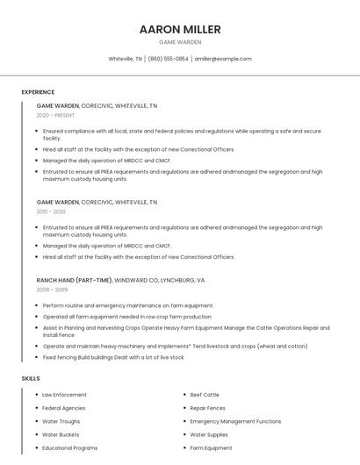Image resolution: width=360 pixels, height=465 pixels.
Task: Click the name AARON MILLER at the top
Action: [x=180, y=29]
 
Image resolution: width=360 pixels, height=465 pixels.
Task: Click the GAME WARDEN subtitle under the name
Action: [x=180, y=42]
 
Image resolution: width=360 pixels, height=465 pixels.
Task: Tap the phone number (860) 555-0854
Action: [x=168, y=59]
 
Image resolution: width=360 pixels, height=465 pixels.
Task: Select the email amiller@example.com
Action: [x=223, y=59]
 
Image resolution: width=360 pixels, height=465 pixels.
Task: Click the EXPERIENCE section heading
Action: [x=38, y=92]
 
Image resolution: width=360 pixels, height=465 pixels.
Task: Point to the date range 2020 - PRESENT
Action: [x=55, y=115]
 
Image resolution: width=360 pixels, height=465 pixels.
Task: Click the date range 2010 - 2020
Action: [x=51, y=211]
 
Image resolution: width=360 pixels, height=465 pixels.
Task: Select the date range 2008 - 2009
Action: [x=52, y=290]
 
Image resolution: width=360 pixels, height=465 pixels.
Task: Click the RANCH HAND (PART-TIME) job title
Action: [x=75, y=280]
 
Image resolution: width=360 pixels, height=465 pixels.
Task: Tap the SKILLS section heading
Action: [x=31, y=378]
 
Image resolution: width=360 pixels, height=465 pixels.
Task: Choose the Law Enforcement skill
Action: [x=64, y=395]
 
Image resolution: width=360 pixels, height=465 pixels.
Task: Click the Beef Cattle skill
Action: [x=205, y=395]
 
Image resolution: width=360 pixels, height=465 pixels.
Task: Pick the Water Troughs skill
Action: [x=61, y=421]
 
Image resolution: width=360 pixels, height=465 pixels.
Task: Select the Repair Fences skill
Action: [x=208, y=408]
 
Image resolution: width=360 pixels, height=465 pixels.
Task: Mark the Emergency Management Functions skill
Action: [x=235, y=421]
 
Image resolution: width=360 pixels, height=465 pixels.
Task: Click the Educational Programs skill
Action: [x=69, y=447]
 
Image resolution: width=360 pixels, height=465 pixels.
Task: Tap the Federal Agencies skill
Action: [x=63, y=408]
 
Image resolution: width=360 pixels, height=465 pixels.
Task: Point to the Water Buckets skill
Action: [x=61, y=434]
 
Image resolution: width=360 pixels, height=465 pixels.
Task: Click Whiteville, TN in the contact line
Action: [x=126, y=59]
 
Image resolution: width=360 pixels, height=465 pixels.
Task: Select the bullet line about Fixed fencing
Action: [x=113, y=357]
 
